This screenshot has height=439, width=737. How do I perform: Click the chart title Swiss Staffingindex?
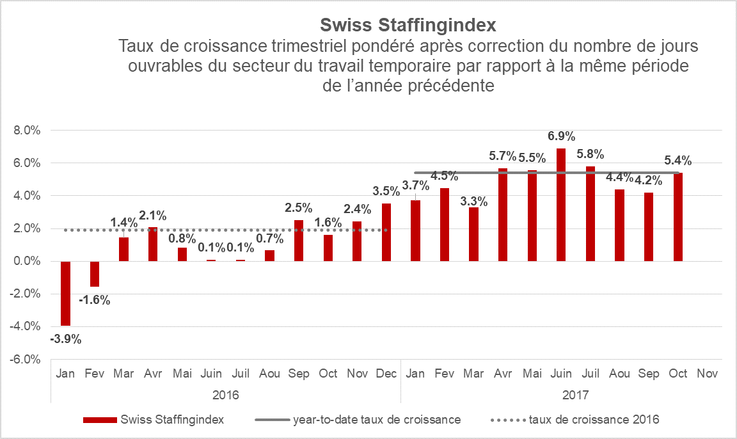point(408,25)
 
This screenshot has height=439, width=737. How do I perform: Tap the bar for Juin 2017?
point(561,205)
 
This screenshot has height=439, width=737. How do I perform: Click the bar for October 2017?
point(678,217)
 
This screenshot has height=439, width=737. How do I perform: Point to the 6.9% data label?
point(561,136)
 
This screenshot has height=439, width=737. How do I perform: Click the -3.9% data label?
point(66,339)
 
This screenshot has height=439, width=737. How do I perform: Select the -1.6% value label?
point(95,299)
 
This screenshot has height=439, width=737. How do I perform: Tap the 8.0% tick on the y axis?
point(27,130)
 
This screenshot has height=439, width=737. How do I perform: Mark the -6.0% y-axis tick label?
point(26,359)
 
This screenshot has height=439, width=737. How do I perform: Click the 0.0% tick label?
point(27,261)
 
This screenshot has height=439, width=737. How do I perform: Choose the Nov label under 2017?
point(707,373)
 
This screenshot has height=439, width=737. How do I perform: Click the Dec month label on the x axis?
point(386,373)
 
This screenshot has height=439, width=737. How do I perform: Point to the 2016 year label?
point(225,395)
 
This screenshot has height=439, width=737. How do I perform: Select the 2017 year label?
point(575,395)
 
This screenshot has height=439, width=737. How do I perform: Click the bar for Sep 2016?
point(299,241)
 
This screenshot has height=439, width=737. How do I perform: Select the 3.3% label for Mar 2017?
point(474,202)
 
